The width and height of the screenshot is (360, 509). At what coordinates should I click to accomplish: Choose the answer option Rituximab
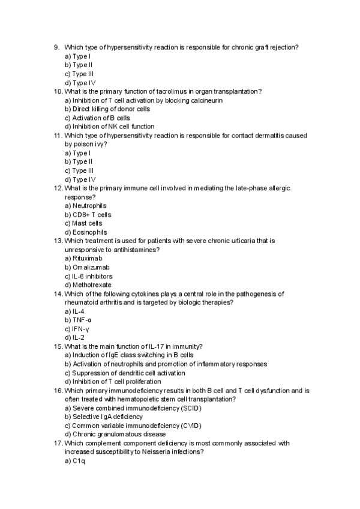(84, 259)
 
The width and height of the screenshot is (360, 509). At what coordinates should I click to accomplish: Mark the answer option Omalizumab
(86, 267)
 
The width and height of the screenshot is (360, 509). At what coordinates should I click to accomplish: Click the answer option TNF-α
(78, 321)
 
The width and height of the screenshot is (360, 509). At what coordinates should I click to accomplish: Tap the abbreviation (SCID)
(185, 408)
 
